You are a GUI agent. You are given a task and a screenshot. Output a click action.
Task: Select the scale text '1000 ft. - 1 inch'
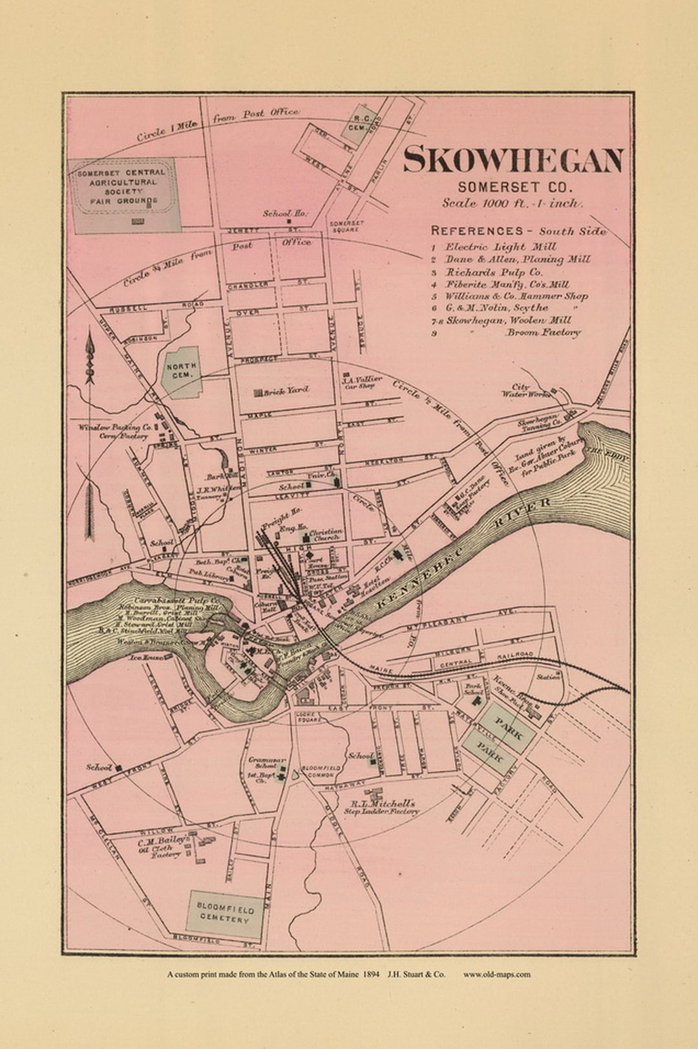point(513,203)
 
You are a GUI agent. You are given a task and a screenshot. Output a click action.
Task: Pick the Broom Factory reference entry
point(543,332)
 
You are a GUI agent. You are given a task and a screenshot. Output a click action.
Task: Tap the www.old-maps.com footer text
point(496,974)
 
